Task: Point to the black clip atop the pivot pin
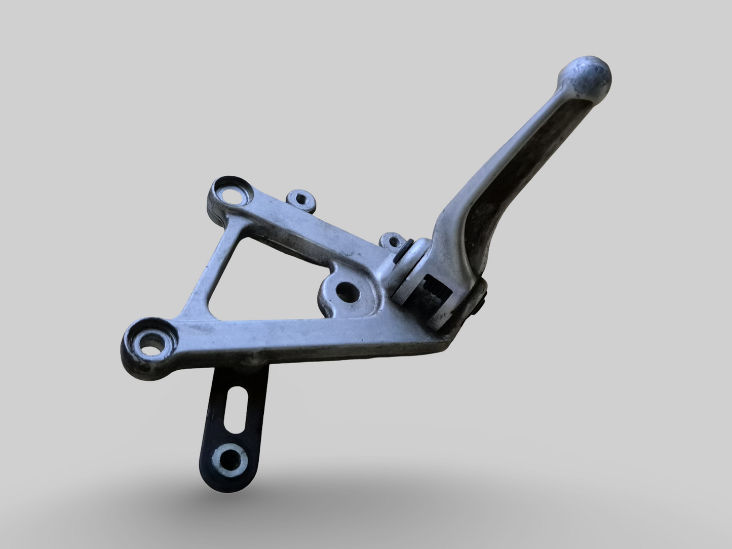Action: pos(408,250)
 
